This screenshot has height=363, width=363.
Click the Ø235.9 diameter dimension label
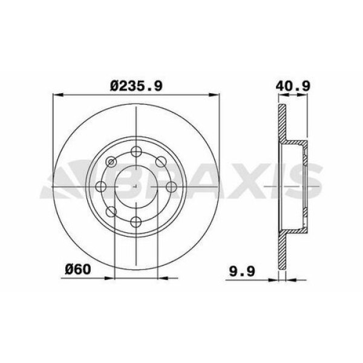point(136,86)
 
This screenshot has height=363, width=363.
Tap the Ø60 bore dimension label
point(78,269)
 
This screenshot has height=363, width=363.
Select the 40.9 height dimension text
point(293,86)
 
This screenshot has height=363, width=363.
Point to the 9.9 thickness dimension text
point(242,271)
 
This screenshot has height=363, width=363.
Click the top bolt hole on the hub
point(136,152)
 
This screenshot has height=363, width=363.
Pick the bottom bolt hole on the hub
point(136,222)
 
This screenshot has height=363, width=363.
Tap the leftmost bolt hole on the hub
point(101,186)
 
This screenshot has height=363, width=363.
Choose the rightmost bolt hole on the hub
point(172,186)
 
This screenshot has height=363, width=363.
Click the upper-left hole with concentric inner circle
point(111,162)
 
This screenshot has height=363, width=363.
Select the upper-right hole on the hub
point(161,162)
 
